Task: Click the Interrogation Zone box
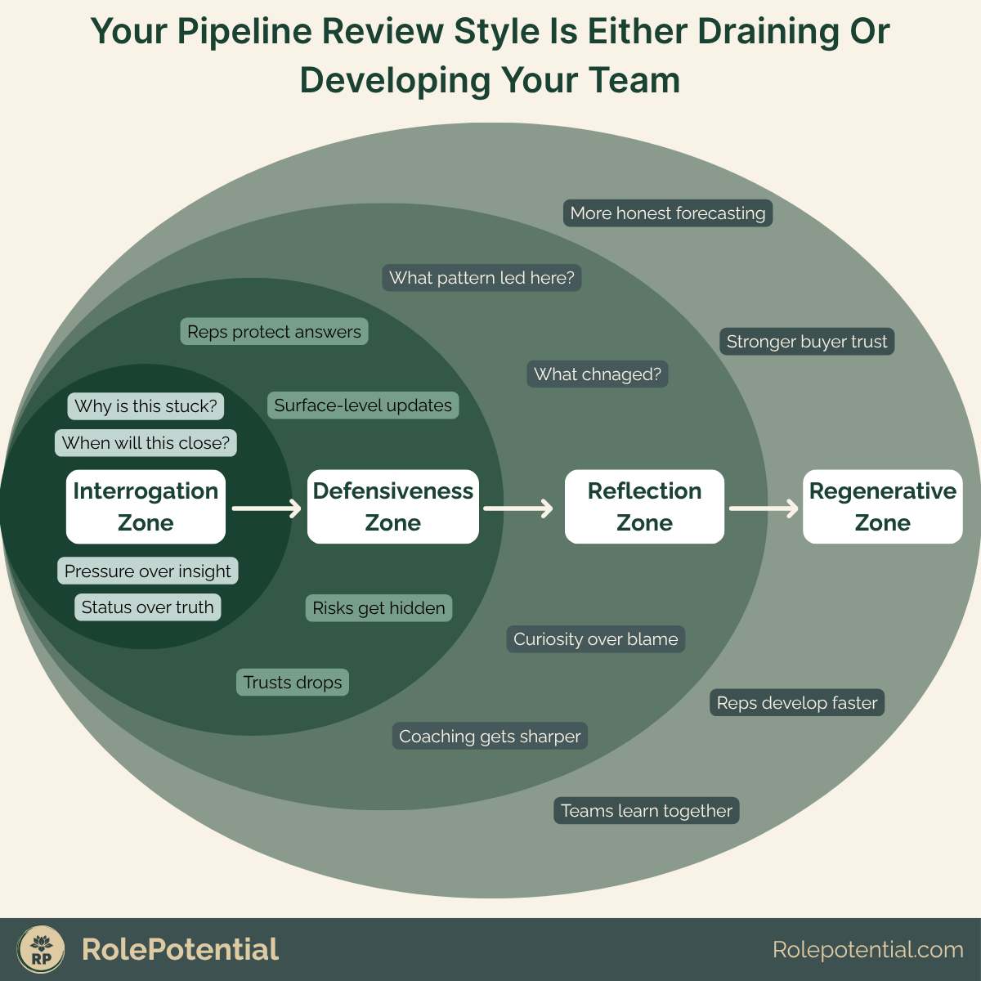[x=146, y=507]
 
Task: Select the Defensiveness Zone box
[x=393, y=507]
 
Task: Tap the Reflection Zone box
[x=644, y=507]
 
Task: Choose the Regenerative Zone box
[x=882, y=507]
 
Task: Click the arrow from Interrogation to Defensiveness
[x=267, y=508]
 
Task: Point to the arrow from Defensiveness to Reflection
[x=518, y=508]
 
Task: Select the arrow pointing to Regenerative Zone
[x=764, y=508]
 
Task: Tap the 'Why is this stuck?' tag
[x=146, y=406]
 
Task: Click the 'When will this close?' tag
[x=146, y=443]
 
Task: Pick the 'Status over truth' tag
[x=147, y=607]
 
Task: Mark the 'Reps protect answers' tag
[x=274, y=332]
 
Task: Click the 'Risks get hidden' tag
[x=379, y=608]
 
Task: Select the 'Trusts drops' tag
[x=293, y=683]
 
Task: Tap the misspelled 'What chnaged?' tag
[x=598, y=374]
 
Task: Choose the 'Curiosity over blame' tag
[x=596, y=639]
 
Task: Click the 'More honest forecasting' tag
[x=668, y=213]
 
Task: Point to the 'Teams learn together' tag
[x=647, y=811]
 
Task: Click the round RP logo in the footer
[x=41, y=950]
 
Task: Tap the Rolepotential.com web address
[x=867, y=950]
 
